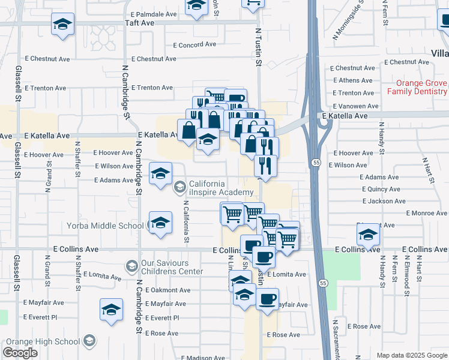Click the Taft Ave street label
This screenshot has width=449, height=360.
click(x=140, y=23)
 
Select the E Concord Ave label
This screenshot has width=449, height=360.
click(x=194, y=44)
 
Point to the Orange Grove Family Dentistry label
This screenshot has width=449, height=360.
click(x=417, y=88)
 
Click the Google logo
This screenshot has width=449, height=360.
click(x=20, y=353)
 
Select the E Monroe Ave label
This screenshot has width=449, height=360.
click(x=426, y=213)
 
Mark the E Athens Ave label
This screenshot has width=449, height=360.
click(x=354, y=80)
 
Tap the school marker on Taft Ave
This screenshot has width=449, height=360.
click(x=62, y=26)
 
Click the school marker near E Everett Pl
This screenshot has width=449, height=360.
click(x=111, y=311)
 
